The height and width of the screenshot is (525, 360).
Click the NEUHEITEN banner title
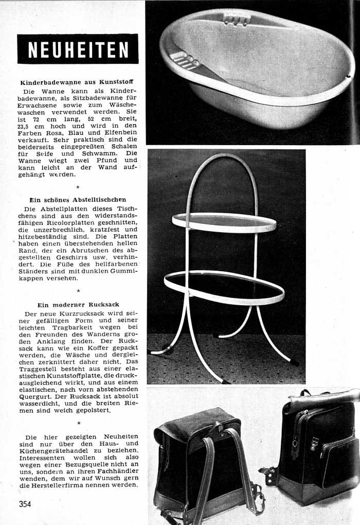[x=78, y=49]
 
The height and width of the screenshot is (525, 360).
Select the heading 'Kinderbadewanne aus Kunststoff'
[x=77, y=82]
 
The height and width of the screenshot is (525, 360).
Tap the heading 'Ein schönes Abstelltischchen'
[x=78, y=199]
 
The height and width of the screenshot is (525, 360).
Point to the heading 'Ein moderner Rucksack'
[x=78, y=305]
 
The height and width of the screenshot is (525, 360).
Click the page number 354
[x=25, y=504]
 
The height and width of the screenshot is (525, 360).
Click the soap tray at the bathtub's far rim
[x=237, y=19]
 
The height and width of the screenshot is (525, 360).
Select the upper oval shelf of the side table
[x=224, y=222]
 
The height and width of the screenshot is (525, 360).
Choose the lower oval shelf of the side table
[x=224, y=288]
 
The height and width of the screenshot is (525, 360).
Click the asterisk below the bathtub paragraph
[x=78, y=187]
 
